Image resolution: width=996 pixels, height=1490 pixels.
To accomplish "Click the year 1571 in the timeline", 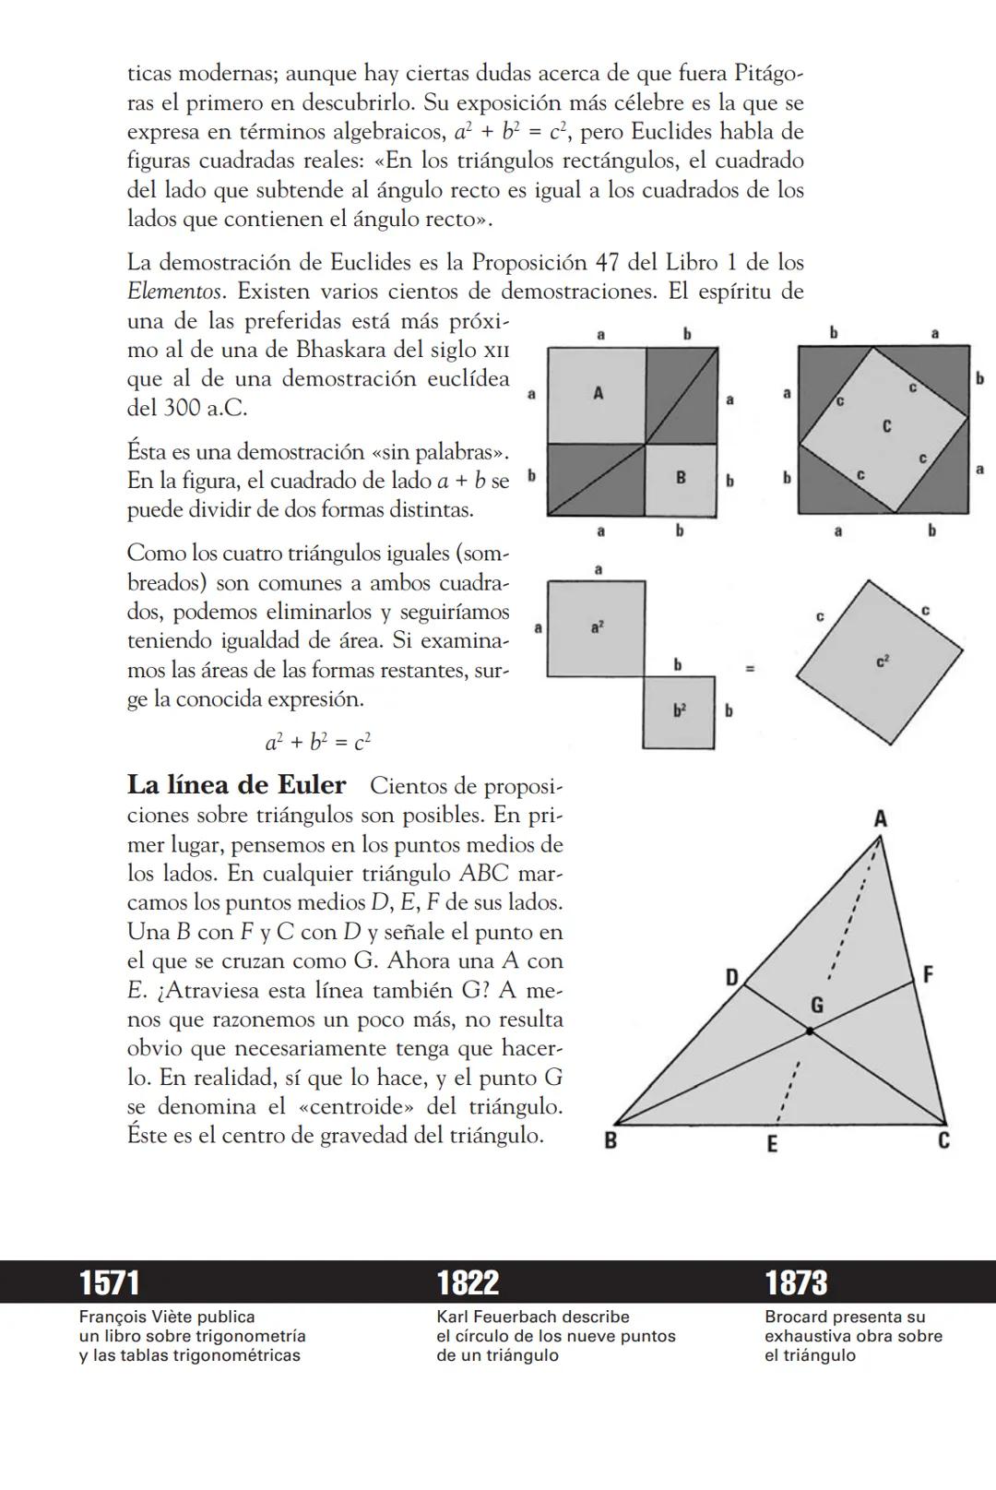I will [109, 1282].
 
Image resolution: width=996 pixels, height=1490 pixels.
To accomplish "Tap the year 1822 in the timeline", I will [468, 1282].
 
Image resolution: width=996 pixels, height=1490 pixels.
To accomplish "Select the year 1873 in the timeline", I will [796, 1282].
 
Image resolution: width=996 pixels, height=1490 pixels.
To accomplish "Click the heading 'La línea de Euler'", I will [236, 785].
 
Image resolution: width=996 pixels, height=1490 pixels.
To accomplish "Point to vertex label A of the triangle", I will [880, 818].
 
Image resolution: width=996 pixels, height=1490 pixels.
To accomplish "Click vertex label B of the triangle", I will [610, 1141].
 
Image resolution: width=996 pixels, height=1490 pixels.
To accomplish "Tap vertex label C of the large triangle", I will [943, 1141].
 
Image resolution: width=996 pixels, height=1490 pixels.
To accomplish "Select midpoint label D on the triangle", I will [731, 977].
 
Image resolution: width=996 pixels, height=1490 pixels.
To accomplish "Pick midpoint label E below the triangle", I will [772, 1144].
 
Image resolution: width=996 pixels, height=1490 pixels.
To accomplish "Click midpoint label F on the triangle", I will [928, 974].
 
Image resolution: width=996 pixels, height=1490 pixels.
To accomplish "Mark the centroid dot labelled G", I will [810, 1031].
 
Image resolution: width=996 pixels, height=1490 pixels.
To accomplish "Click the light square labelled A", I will [597, 395].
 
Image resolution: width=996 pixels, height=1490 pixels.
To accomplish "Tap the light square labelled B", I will [681, 479].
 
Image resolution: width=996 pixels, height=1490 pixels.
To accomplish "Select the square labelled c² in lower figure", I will [880, 662].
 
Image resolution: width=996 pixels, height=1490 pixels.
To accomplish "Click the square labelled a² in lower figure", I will [596, 628].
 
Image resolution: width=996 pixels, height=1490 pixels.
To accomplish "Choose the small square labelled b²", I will [679, 711].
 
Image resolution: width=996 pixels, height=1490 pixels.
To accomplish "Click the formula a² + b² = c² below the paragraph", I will [318, 742].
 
